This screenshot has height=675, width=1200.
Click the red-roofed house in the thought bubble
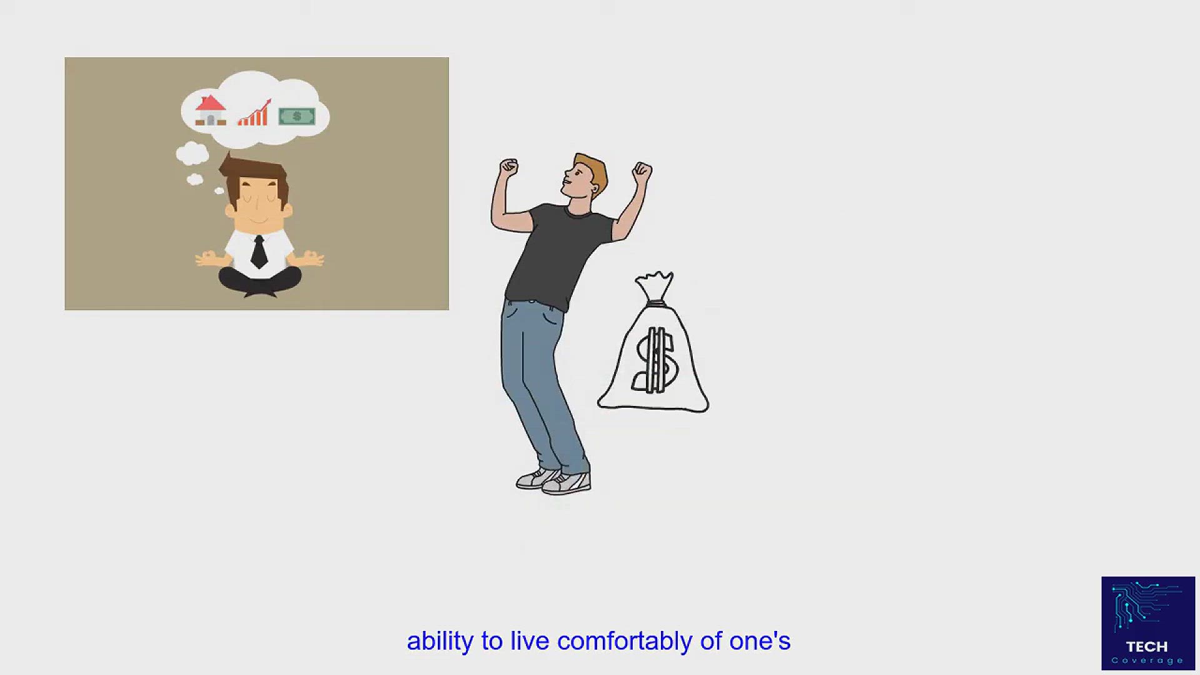click(211, 111)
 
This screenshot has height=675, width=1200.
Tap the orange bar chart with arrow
click(254, 114)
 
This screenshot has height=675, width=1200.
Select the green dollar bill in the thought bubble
click(297, 116)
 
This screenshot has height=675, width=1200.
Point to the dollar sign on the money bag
click(654, 361)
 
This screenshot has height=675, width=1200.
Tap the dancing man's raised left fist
click(509, 167)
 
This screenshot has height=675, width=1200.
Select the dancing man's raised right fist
click(642, 172)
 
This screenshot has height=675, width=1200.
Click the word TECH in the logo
click(1147, 646)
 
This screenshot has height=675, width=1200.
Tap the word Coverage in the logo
click(1147, 661)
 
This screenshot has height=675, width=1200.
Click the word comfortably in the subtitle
click(624, 642)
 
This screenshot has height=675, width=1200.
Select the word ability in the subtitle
click(440, 642)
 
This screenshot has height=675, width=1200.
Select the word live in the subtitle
click(529, 641)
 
